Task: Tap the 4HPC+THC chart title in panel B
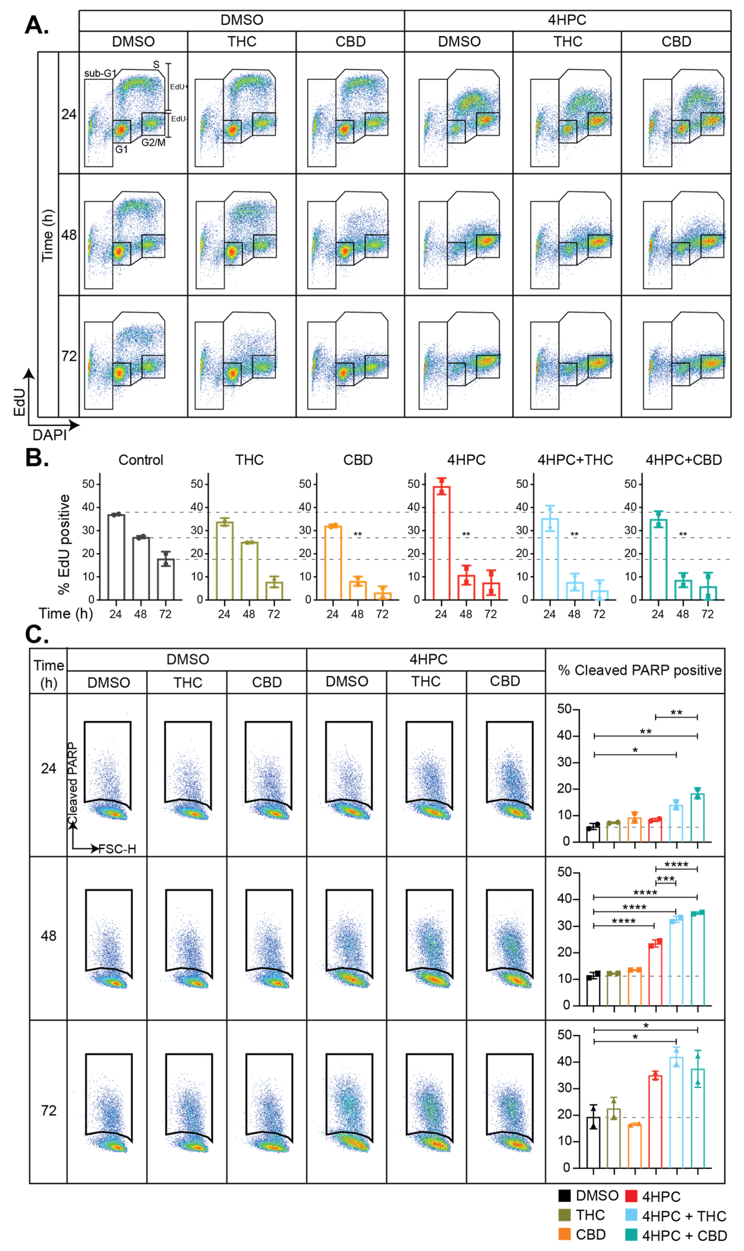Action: [x=575, y=460]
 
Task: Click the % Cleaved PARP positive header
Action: [x=640, y=670]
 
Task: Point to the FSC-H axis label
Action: [x=117, y=849]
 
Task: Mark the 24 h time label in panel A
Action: [x=69, y=114]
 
